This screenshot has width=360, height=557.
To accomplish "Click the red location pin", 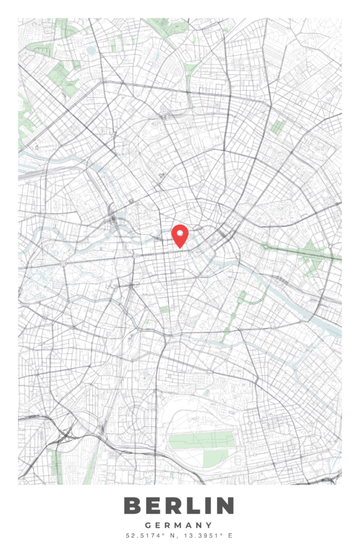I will click(x=179, y=235).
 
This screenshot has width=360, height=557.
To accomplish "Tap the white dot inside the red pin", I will click(x=179, y=233).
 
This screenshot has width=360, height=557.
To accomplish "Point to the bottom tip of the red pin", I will click(x=179, y=248).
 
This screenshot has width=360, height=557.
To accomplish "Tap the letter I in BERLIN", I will click(x=204, y=506).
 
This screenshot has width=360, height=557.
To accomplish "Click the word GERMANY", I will click(x=179, y=525).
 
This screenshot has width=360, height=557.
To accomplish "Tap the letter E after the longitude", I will click(x=230, y=535).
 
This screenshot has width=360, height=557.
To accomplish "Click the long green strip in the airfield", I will click(x=202, y=440).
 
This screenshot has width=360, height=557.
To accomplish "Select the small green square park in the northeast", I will click(x=278, y=127).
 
